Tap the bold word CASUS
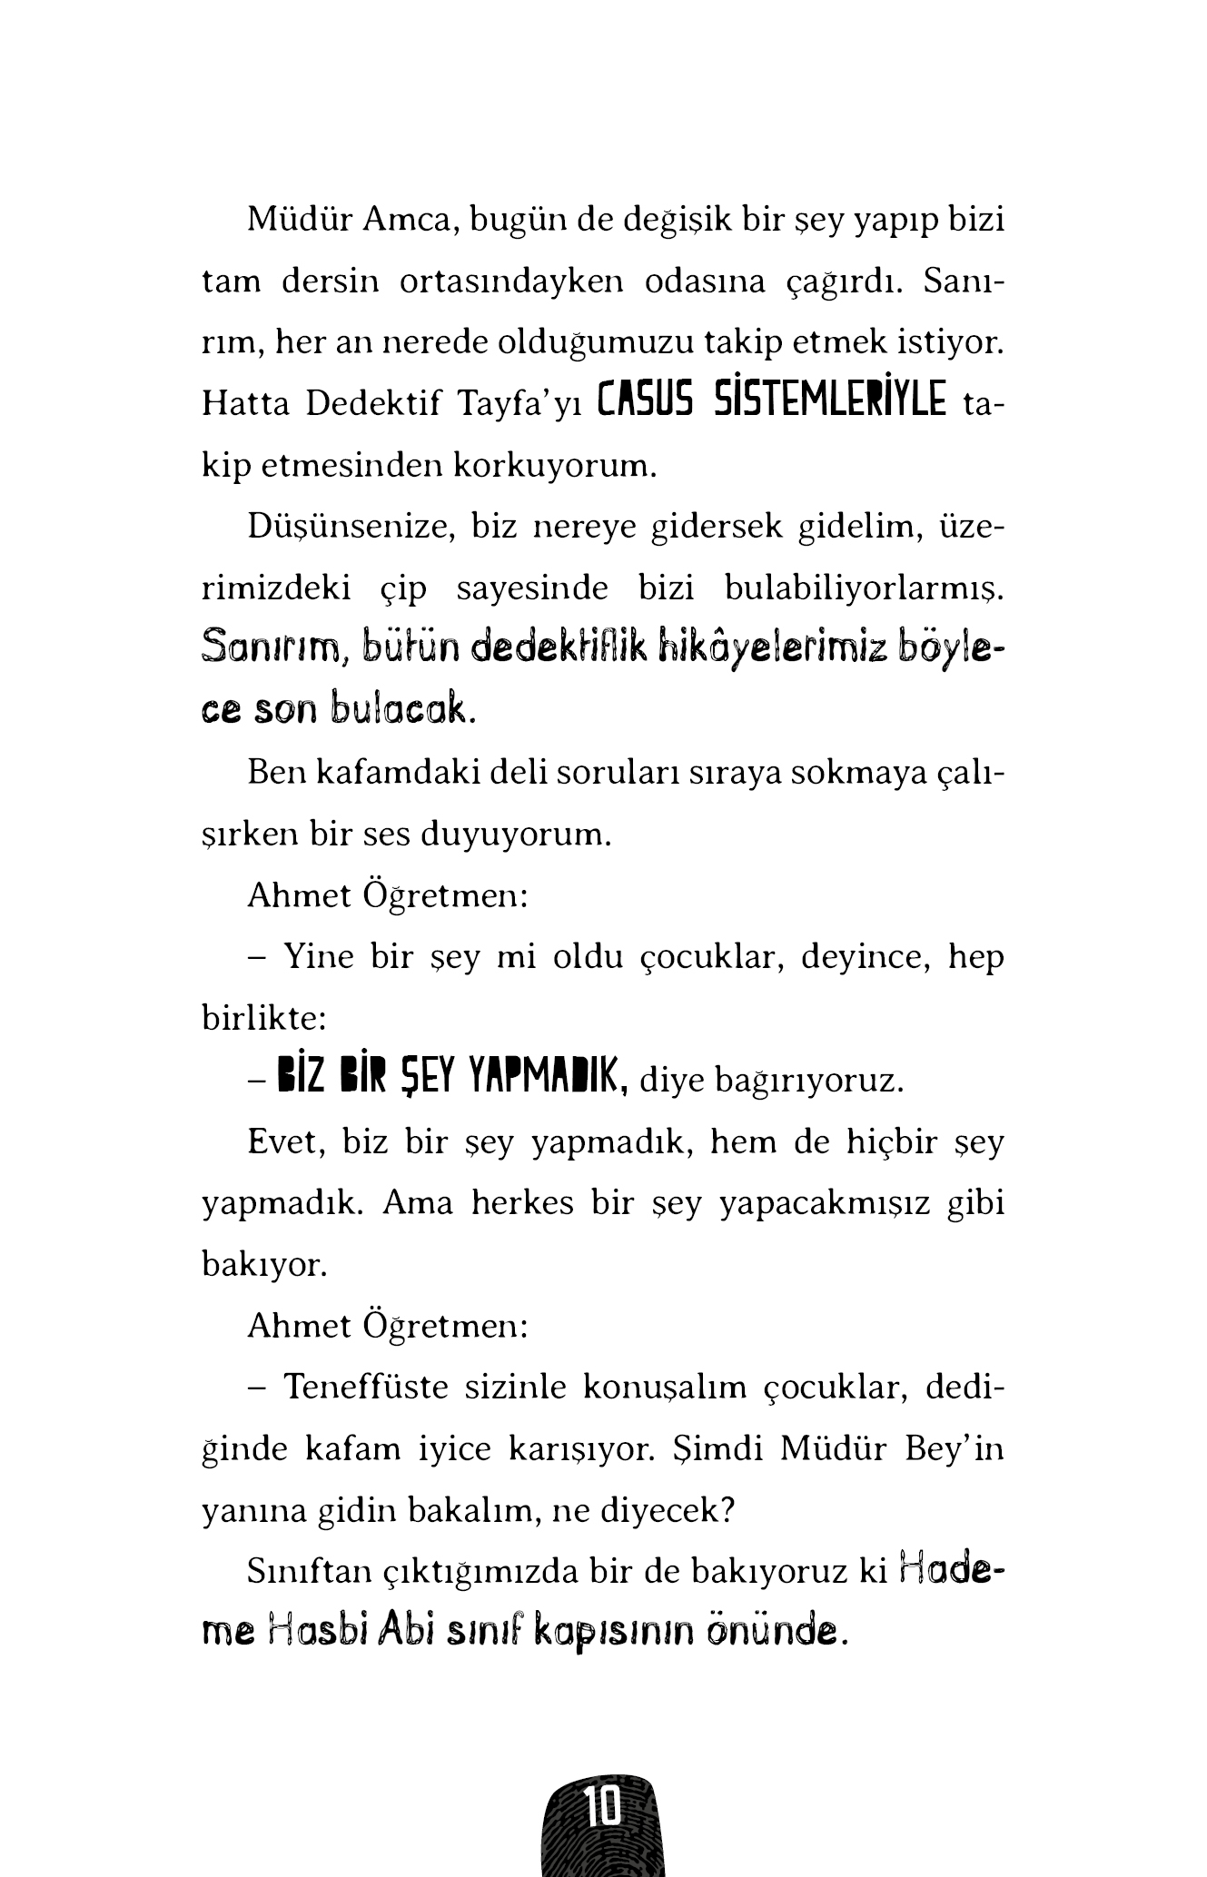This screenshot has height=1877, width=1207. (647, 401)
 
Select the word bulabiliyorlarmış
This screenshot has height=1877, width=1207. (864, 588)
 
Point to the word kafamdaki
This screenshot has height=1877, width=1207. (397, 773)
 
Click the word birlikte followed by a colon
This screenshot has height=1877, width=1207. (263, 1018)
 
